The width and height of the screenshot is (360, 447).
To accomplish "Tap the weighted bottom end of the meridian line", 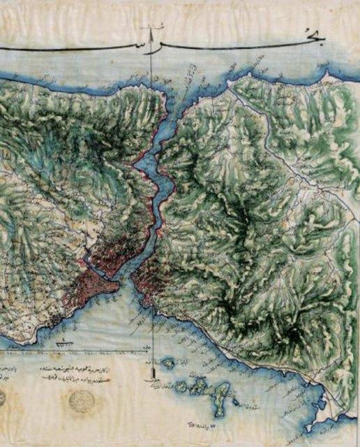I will tap(150, 379).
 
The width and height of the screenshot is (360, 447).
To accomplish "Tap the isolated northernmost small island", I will tap(167, 363).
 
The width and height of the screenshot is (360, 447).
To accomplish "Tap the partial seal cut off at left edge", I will tap(2, 398).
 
